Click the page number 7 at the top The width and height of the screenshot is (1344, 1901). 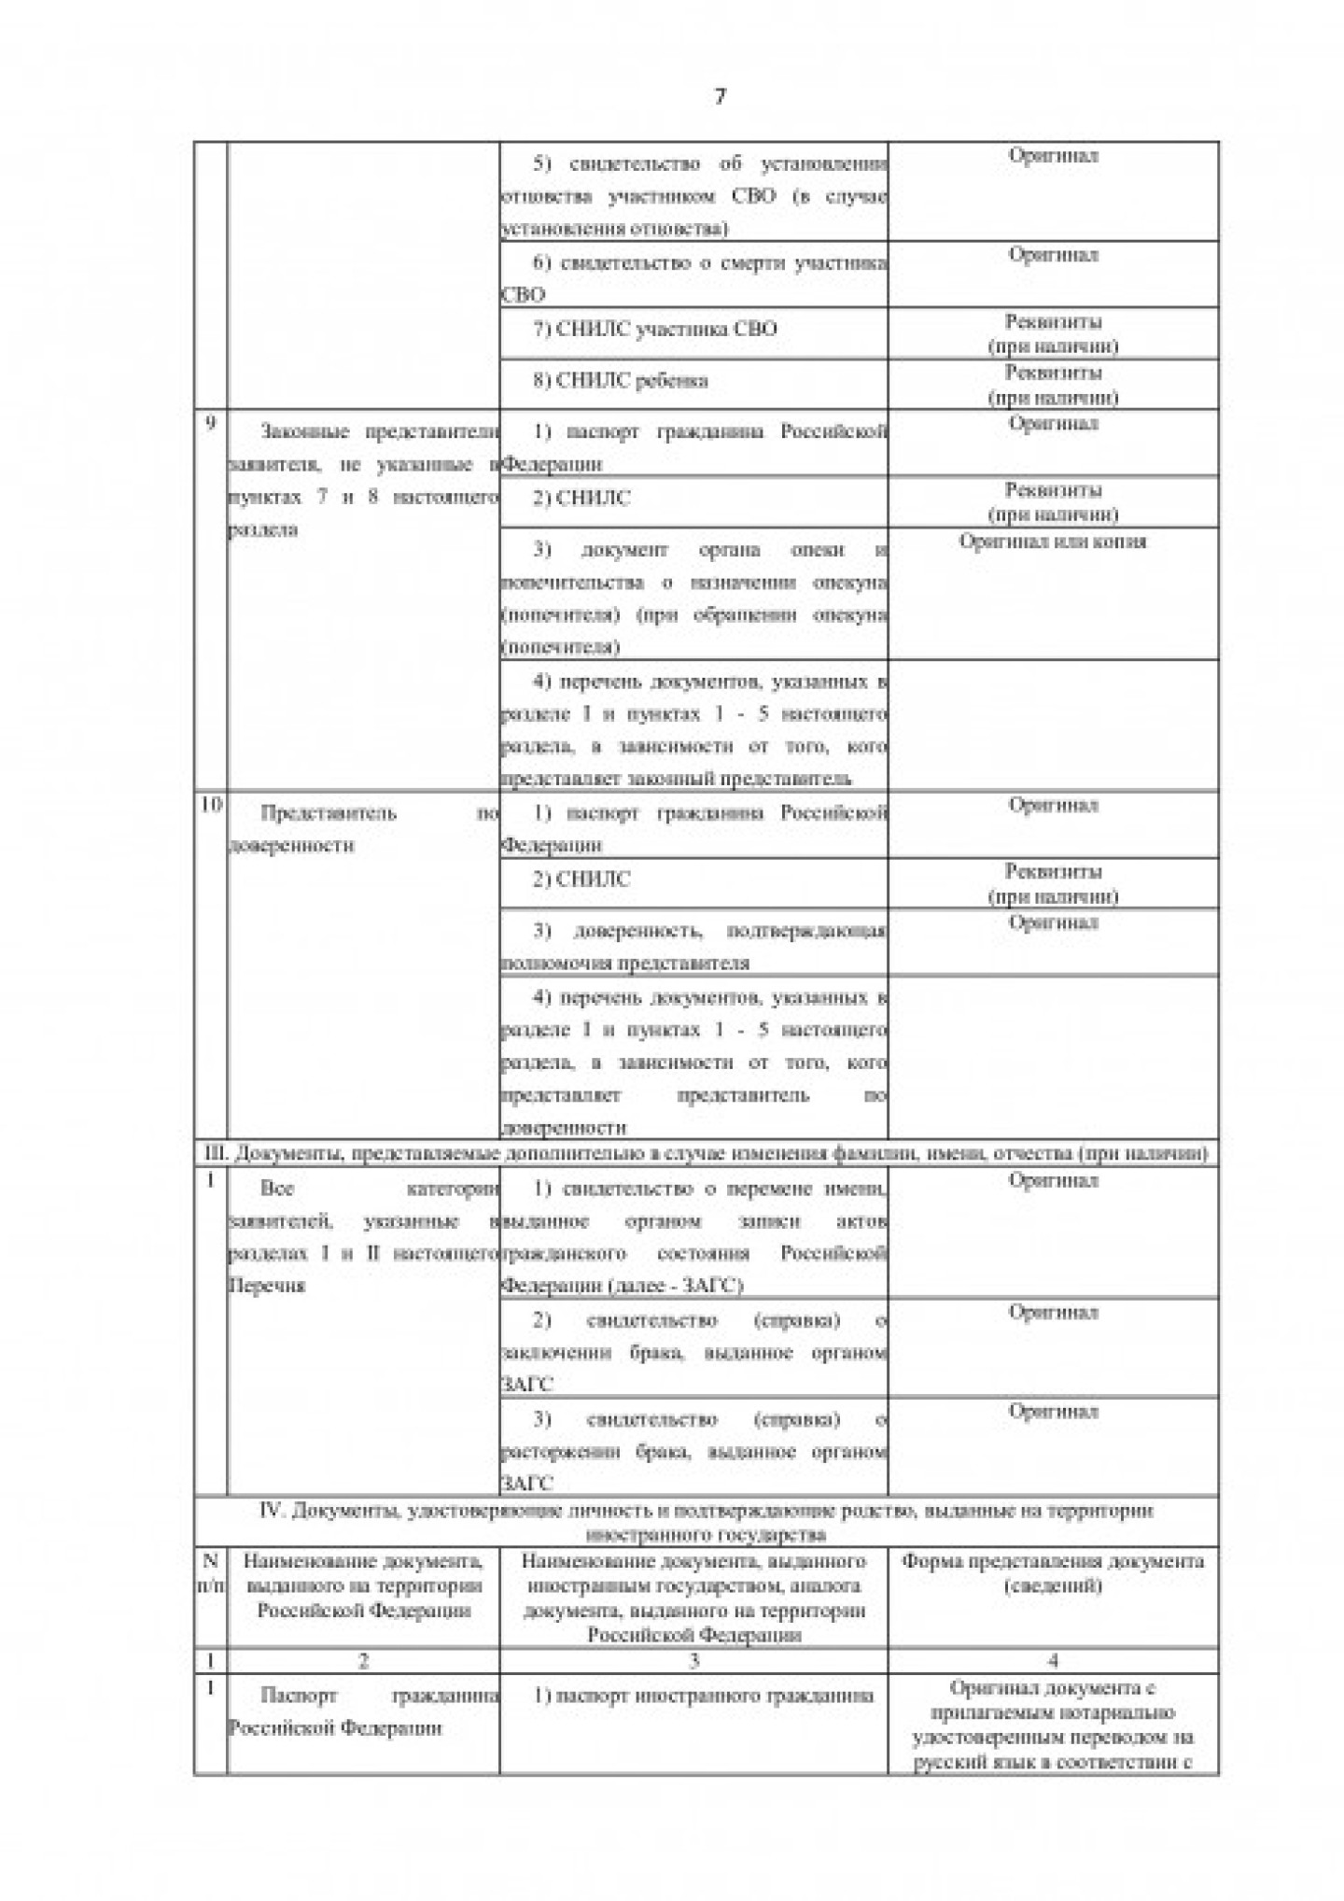click(720, 96)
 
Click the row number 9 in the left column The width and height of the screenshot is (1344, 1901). click(210, 423)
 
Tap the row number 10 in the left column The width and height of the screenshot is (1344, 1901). click(211, 806)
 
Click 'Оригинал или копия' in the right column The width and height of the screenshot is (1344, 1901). click(1052, 542)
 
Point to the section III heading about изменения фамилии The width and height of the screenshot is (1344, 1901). click(706, 1154)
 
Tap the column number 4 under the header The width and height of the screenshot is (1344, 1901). click(1053, 1660)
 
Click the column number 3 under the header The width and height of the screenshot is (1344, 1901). click(693, 1660)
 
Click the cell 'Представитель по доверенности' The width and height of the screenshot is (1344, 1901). click(363, 829)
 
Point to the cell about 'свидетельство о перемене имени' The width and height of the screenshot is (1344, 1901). click(693, 1236)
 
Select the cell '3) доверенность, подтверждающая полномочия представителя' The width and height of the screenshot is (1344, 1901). click(693, 946)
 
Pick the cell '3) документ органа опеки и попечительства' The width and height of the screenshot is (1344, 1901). click(693, 598)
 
